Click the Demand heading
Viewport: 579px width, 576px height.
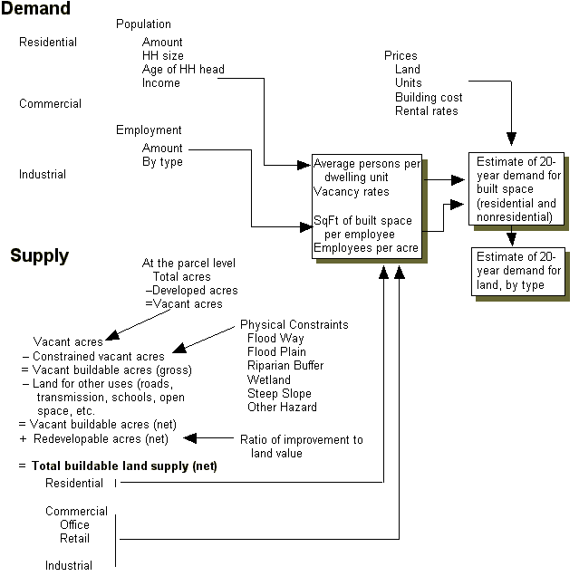pos(36,9)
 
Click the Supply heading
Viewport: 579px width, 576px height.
pos(39,256)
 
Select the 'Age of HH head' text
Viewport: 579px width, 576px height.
pos(183,70)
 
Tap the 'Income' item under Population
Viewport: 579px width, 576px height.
pos(161,83)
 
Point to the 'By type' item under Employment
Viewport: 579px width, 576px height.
pos(162,162)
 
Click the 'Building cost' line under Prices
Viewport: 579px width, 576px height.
pos(429,97)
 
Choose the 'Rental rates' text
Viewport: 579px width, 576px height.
pos(426,111)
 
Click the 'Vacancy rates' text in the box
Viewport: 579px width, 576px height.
pos(352,192)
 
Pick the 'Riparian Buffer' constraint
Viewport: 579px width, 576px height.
pos(285,366)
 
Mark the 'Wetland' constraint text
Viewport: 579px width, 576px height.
pos(269,379)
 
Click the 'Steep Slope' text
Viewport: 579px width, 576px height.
pos(279,394)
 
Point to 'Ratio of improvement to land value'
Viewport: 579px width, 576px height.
pos(302,446)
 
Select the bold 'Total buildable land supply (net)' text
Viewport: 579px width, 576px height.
pos(124,466)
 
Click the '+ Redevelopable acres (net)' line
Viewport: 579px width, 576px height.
pos(99,438)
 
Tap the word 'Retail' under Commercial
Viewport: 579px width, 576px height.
pos(74,539)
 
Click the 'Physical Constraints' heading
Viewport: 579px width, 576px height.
pos(294,324)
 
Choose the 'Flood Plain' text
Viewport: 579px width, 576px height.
pos(276,352)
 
